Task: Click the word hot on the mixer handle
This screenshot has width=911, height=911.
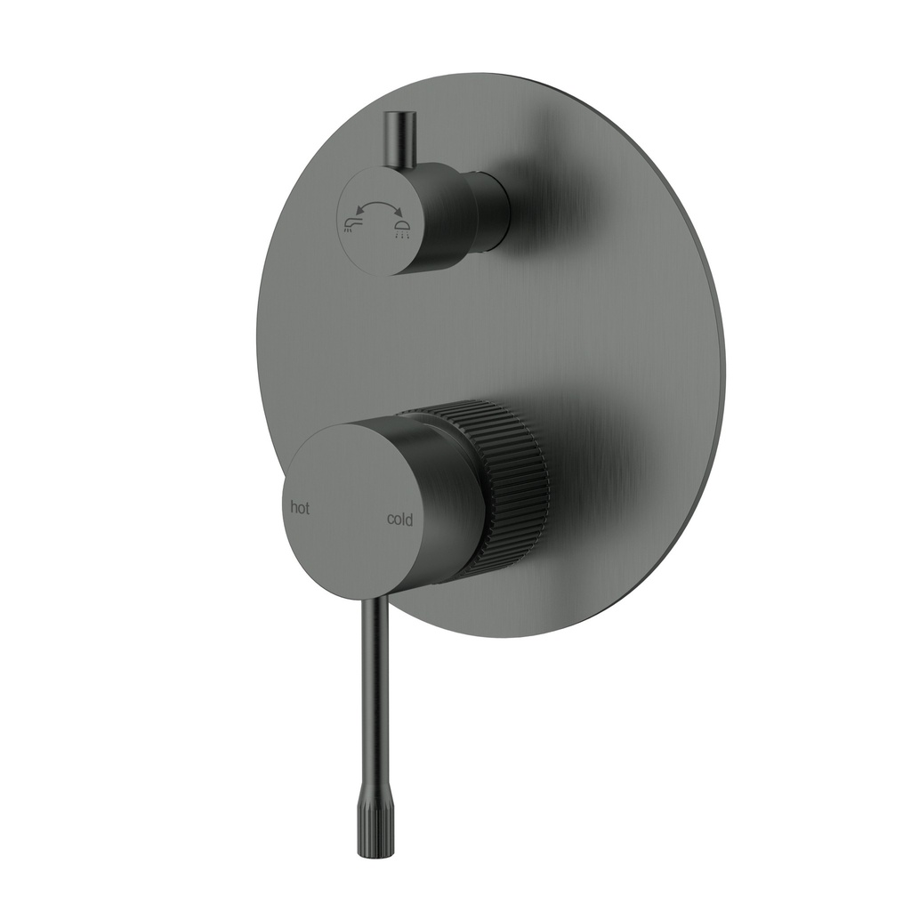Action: pyautogui.click(x=301, y=508)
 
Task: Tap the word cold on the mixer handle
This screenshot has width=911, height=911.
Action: pyautogui.click(x=399, y=520)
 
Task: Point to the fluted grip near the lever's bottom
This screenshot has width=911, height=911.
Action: pyautogui.click(x=369, y=810)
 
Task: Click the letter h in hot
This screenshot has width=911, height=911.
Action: pyautogui.click(x=294, y=507)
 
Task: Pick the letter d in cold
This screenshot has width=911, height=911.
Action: pyautogui.click(x=409, y=519)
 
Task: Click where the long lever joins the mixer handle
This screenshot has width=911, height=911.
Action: pyautogui.click(x=377, y=598)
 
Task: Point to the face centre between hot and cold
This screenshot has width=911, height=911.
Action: pyautogui.click(x=349, y=512)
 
